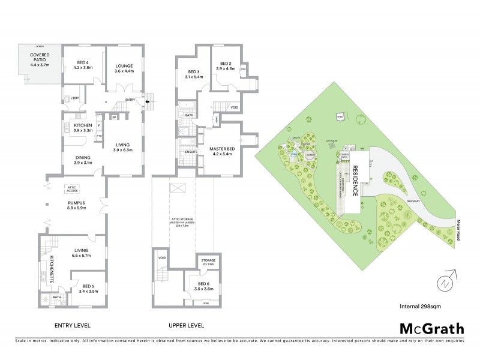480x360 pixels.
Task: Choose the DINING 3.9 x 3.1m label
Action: (83, 160)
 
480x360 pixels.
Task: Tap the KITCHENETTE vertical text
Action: (52, 265)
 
